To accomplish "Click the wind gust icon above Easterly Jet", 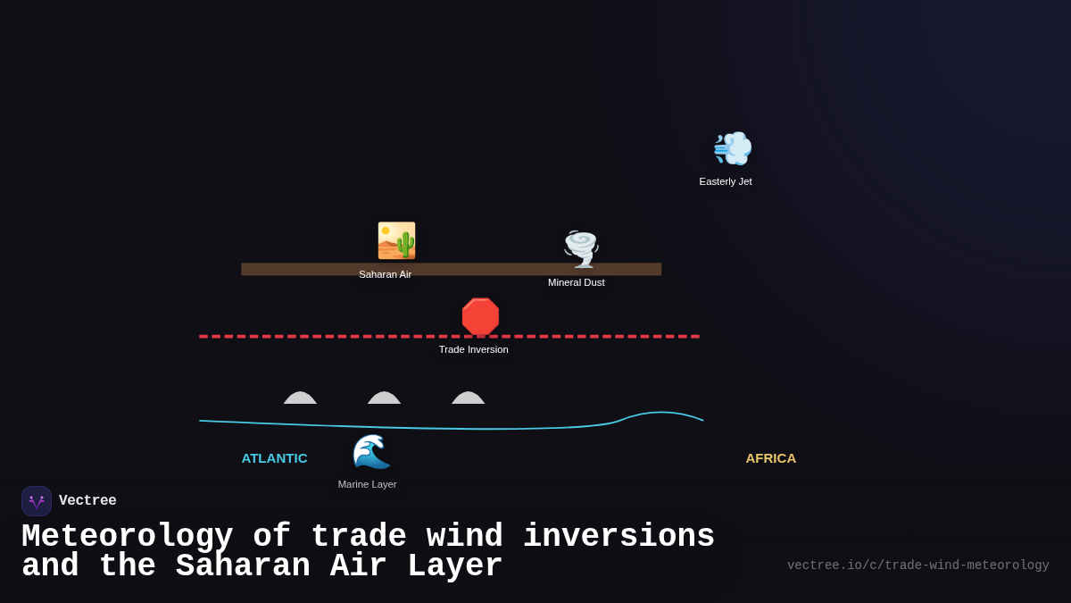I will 732,148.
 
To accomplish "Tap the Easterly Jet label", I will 726,181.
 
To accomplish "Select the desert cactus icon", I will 396,240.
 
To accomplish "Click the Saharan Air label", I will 386,274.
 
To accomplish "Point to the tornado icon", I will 581,248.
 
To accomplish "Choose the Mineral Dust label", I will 577,282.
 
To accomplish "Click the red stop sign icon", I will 480,317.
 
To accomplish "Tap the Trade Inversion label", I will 474,349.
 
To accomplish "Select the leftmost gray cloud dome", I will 300,398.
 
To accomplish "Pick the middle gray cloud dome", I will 384,398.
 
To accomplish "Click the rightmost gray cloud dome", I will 468,398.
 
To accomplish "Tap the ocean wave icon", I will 370,451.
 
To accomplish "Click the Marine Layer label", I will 368,484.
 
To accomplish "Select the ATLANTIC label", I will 274,458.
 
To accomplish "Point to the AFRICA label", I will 771,458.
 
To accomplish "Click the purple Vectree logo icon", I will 37,501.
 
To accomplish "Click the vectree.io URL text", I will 917,565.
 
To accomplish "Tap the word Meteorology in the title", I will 127,537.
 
